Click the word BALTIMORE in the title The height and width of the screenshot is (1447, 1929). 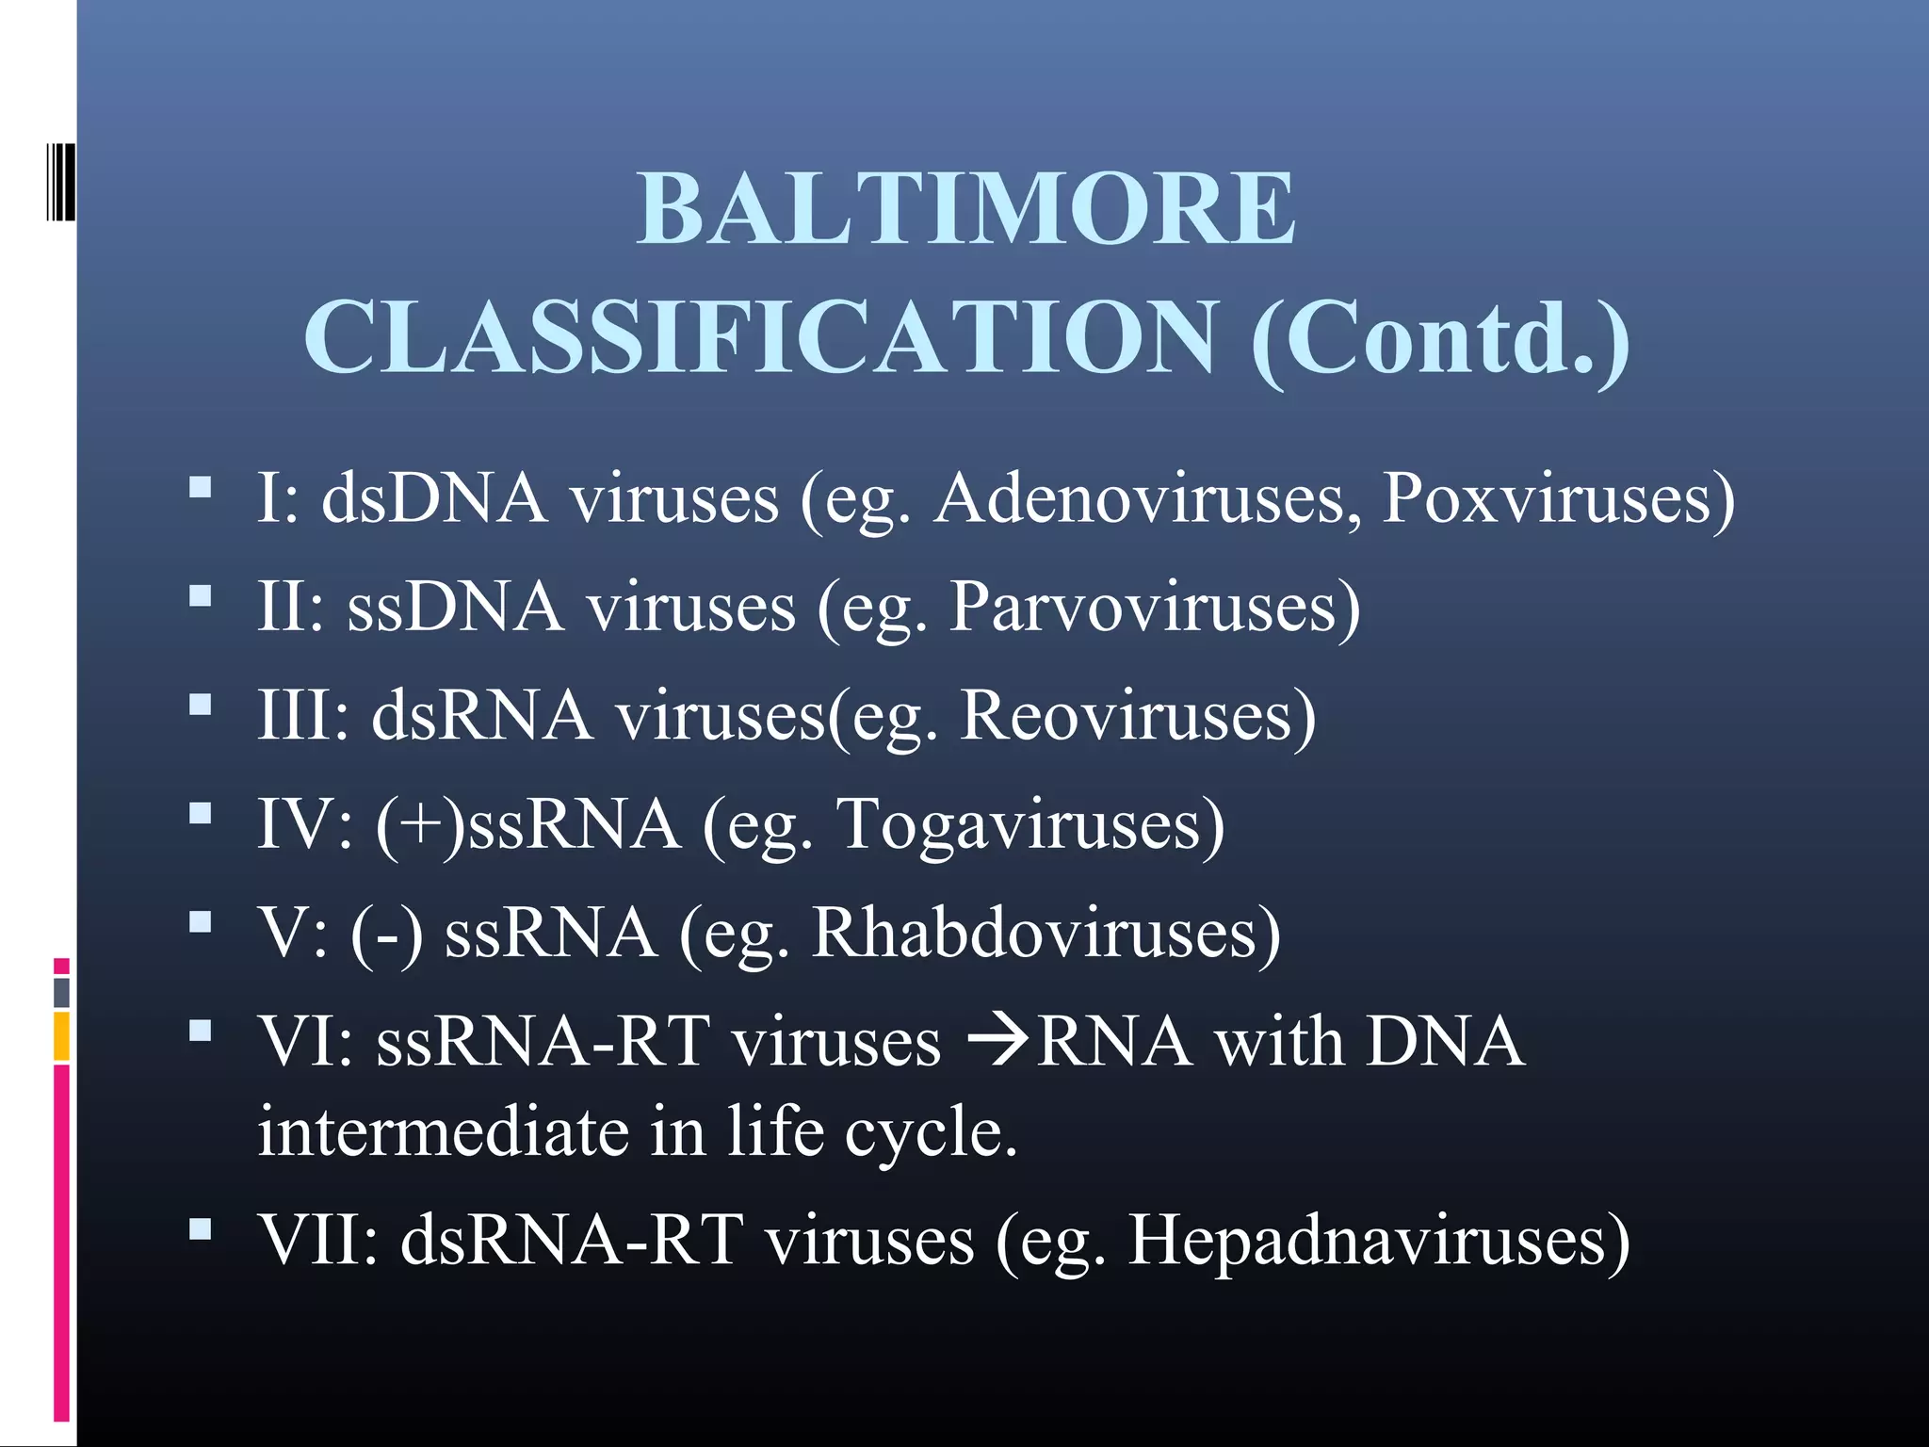pyautogui.click(x=965, y=209)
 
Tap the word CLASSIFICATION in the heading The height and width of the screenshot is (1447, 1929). pyautogui.click(x=761, y=337)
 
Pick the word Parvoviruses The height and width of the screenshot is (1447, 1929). pyautogui.click(x=1154, y=607)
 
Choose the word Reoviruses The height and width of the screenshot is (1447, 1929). pyautogui.click(x=1137, y=716)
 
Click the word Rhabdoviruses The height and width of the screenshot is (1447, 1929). pyautogui.click(x=1046, y=934)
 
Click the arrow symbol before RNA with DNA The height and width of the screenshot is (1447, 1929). pyautogui.click(x=998, y=1042)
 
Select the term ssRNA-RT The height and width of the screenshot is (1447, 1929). pyautogui.click(x=543, y=1042)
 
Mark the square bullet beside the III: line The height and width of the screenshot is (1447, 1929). pyautogui.click(x=200, y=706)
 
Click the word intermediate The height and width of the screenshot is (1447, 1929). pyautogui.click(x=444, y=1130)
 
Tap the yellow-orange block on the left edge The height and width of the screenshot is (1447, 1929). pyautogui.click(x=61, y=1036)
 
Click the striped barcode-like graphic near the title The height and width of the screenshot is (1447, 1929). pyautogui.click(x=60, y=181)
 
